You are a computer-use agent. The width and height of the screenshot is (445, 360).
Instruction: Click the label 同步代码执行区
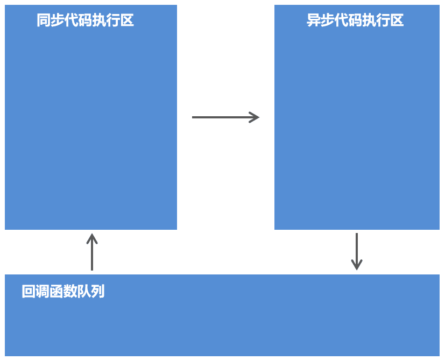pos(85,20)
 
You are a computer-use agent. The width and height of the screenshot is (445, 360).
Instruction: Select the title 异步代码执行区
pos(355,20)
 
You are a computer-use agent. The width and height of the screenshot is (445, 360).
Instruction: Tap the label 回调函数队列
pos(63,292)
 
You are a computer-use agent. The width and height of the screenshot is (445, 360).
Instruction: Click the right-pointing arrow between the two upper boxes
pos(225,117)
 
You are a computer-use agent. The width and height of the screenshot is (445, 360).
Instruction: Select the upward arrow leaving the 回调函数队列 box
pos(92,252)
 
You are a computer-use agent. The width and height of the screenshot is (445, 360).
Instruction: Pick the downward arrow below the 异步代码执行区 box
pos(356,251)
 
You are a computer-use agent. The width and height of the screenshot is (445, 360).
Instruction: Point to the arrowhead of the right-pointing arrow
pos(255,117)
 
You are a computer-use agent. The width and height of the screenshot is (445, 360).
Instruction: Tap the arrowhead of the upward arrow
pos(92,238)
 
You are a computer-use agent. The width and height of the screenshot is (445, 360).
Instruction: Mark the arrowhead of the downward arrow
pos(356,265)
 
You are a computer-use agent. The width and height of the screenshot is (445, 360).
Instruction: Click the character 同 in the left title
pos(44,20)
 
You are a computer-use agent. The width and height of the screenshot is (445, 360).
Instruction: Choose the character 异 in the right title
pos(314,20)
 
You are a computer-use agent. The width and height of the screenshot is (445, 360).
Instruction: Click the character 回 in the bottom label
pos(29,292)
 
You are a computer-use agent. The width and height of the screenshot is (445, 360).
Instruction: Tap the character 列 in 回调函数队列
pos(98,292)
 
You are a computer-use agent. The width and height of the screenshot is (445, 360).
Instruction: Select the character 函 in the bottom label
pos(56,292)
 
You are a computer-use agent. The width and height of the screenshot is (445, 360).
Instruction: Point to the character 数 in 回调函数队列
pos(70,292)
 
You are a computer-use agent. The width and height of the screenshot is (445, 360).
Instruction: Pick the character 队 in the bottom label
pos(84,292)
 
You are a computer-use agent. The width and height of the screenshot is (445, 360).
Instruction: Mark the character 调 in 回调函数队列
pos(42,292)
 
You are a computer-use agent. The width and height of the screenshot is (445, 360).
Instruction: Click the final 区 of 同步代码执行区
pos(127,20)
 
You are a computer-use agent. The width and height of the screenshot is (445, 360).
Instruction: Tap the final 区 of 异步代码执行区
pos(397,20)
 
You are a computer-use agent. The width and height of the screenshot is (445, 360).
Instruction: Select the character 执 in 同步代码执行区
pos(99,20)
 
